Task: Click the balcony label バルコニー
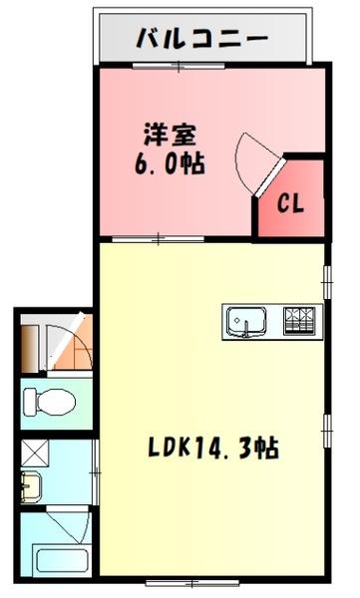point(202,41)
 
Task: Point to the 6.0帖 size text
point(171,162)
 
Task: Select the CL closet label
point(290,203)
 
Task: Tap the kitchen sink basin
point(244,321)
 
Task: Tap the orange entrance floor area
point(66,348)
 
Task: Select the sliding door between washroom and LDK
point(96,468)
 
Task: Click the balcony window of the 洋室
point(180,67)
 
